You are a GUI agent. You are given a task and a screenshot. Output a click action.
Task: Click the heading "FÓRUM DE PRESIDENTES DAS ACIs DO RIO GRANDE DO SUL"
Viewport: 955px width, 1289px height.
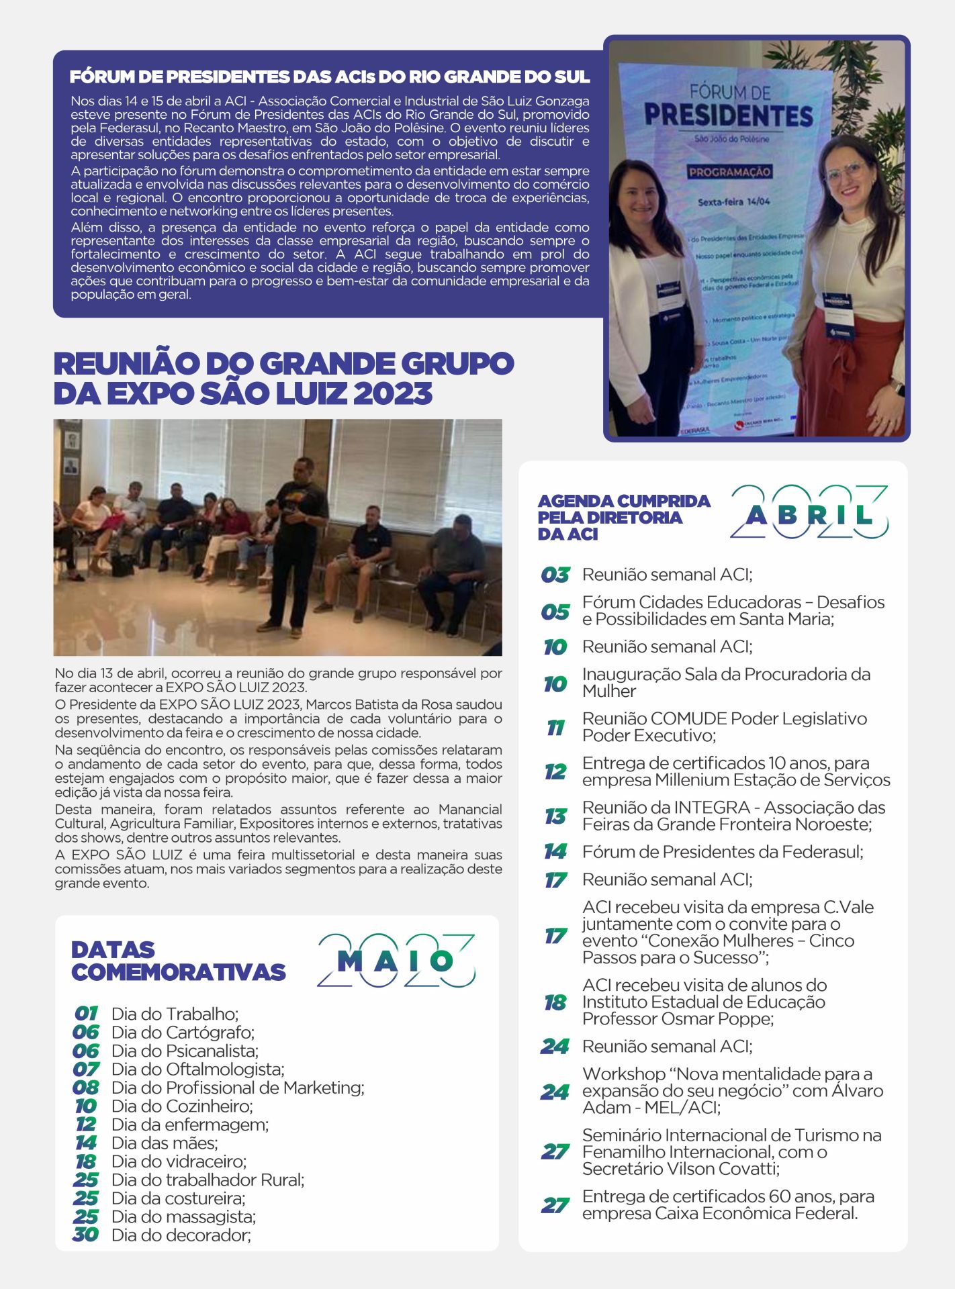click(329, 77)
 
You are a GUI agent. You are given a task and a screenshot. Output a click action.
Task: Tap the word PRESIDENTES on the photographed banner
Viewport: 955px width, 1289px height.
click(728, 115)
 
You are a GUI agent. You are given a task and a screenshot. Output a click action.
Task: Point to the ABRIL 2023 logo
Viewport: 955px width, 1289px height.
click(809, 513)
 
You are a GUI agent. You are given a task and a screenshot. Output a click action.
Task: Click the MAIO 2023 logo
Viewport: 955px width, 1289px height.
click(396, 961)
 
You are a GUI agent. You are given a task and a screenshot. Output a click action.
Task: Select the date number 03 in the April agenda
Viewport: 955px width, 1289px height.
click(555, 575)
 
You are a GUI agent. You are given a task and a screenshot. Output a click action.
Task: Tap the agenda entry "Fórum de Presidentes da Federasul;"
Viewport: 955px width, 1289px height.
click(723, 852)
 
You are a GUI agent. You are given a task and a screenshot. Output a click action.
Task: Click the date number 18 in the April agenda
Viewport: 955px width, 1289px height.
click(555, 1002)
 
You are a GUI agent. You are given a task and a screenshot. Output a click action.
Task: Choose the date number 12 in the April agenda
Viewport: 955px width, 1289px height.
click(555, 771)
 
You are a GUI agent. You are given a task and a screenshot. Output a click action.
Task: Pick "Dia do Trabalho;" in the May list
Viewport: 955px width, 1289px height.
click(175, 1014)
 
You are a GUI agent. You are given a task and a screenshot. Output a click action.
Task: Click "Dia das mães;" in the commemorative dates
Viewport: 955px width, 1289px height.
click(165, 1143)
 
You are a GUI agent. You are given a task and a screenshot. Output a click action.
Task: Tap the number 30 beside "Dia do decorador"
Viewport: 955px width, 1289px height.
click(86, 1235)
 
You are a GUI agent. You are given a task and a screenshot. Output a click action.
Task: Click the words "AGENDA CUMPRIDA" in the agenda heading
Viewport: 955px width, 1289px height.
click(623, 501)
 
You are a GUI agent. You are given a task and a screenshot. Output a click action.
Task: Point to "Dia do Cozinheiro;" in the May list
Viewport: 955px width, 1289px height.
click(182, 1106)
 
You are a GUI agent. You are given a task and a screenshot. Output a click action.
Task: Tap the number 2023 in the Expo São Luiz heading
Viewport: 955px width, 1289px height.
click(394, 393)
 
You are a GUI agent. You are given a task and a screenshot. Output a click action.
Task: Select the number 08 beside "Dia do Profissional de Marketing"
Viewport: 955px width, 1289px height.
click(86, 1088)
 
